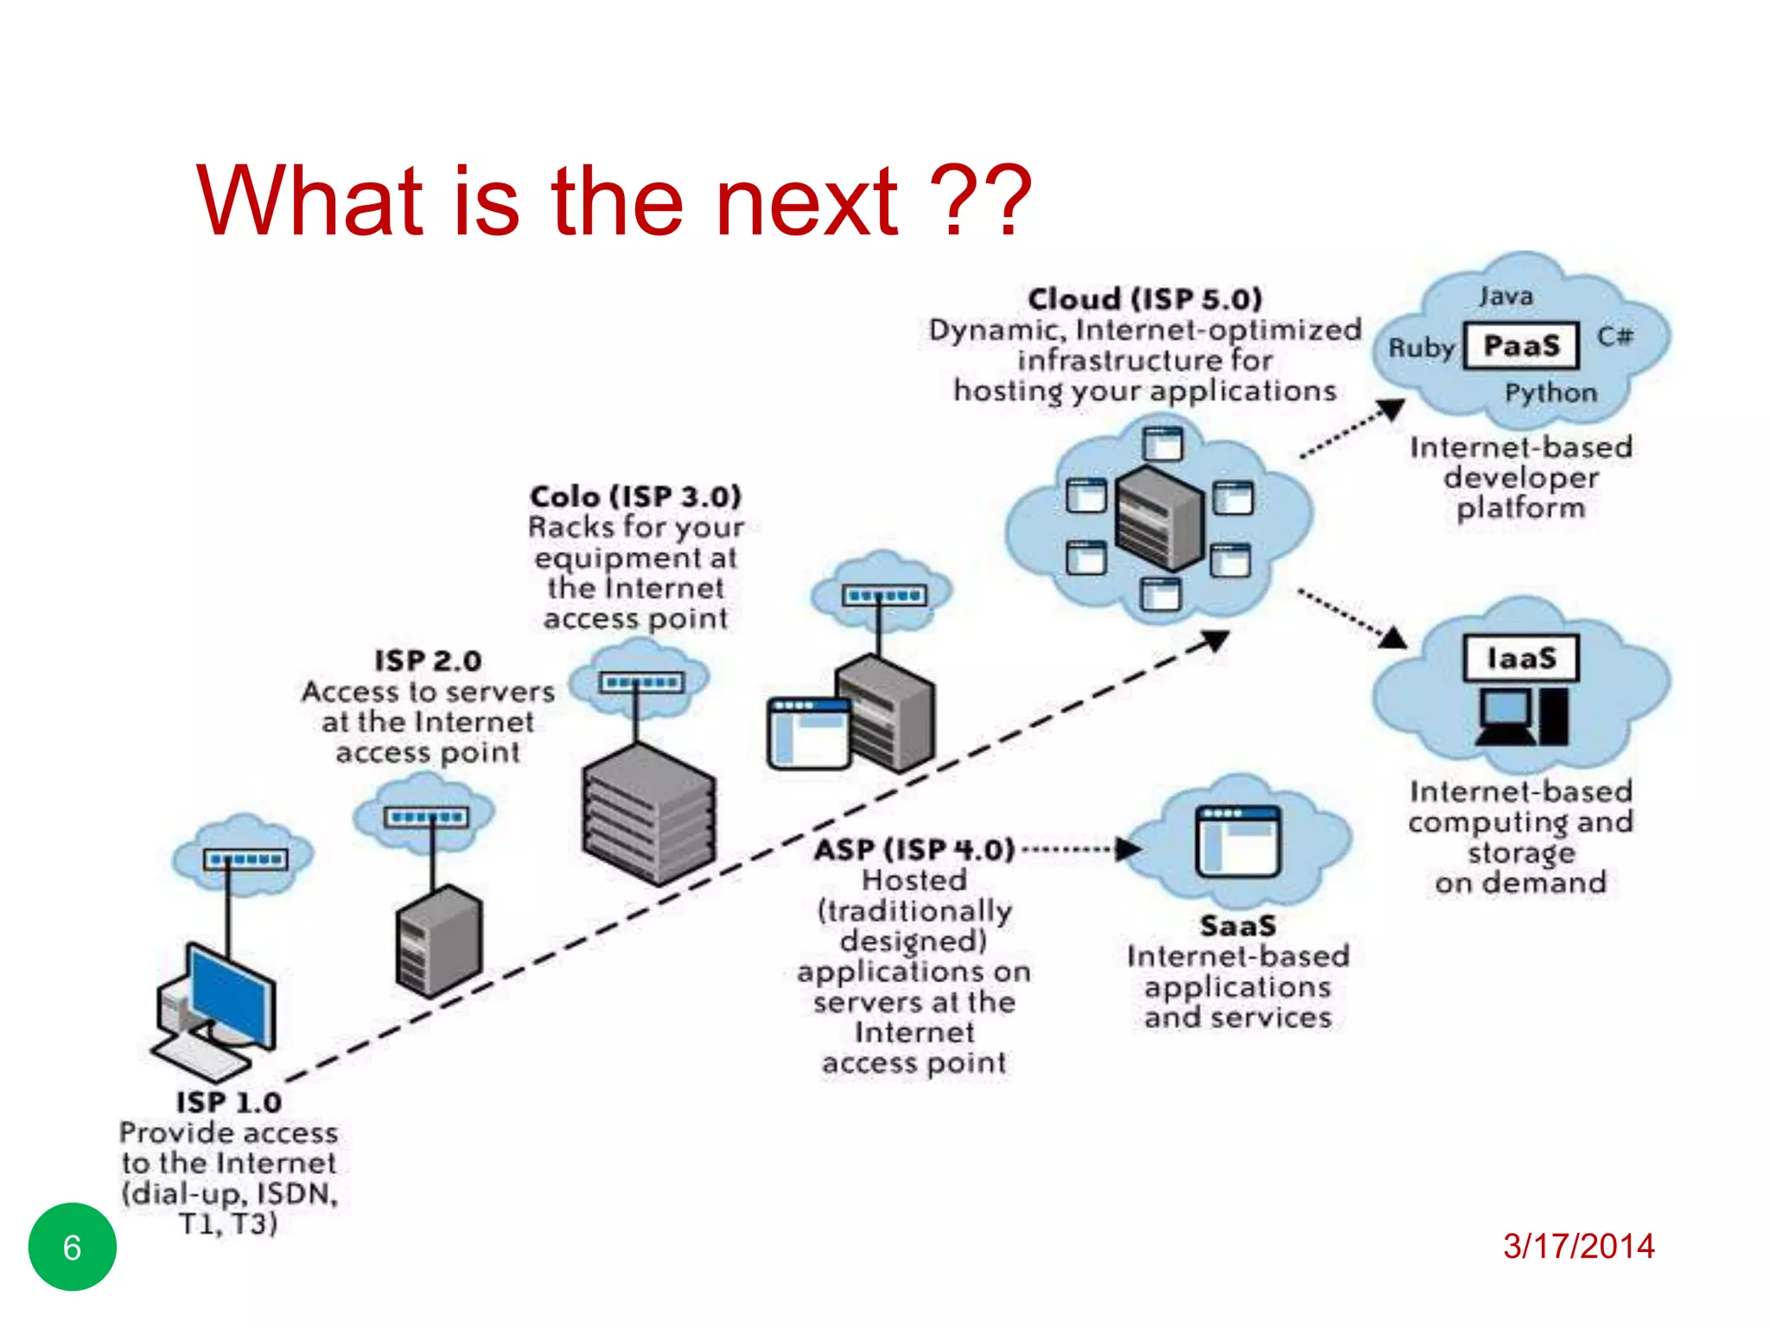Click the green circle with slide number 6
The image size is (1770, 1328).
click(x=72, y=1246)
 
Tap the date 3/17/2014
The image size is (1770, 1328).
click(x=1578, y=1246)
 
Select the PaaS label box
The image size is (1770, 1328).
click(x=1521, y=346)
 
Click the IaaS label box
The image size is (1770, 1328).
click(x=1521, y=658)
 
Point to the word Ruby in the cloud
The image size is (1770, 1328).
click(x=1421, y=348)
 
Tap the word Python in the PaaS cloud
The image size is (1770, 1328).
click(x=1550, y=393)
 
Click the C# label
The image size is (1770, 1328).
click(x=1614, y=335)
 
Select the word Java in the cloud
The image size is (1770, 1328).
click(x=1506, y=297)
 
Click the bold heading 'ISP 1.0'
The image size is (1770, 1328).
click(x=229, y=1102)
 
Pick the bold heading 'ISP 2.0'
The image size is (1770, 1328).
click(x=428, y=661)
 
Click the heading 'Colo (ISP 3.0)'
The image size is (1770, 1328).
click(x=635, y=496)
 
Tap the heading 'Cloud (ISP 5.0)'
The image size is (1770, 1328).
click(x=1144, y=299)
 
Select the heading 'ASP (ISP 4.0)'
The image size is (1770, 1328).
click(x=914, y=849)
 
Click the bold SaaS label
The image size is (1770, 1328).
click(x=1238, y=926)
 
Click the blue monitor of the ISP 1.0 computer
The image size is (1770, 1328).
click(x=229, y=994)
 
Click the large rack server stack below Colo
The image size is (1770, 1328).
click(x=648, y=813)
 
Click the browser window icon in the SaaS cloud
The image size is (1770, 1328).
click(x=1238, y=840)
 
